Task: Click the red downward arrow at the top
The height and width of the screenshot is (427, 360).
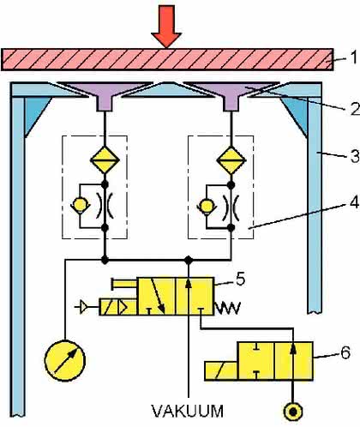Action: pos(166,27)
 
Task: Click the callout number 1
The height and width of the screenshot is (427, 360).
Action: pos(354,57)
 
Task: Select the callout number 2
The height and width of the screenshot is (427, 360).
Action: pos(355,109)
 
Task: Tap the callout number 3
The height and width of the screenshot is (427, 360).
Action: pos(355,157)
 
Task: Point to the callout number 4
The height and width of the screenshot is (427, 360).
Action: pos(354,202)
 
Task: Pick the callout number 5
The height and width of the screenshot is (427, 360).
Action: pos(240,279)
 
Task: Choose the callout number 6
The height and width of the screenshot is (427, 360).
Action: pos(345,352)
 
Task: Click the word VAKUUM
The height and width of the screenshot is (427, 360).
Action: pos(188,411)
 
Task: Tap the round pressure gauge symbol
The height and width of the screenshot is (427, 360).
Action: pos(65,360)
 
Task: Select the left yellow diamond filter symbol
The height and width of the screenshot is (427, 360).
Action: pos(105,160)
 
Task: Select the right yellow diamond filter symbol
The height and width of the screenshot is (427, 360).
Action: pos(231,160)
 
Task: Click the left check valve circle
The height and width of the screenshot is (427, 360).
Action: pos(80,205)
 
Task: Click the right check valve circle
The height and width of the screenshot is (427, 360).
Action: pos(207,206)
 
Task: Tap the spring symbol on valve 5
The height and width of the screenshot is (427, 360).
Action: pos(228,308)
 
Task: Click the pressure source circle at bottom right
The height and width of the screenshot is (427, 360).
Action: pos(293,412)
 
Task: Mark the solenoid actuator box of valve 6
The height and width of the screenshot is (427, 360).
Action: pos(221,370)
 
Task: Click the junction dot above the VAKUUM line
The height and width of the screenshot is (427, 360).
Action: pos(188,260)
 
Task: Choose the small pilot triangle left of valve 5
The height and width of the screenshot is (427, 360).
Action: pos(84,307)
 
